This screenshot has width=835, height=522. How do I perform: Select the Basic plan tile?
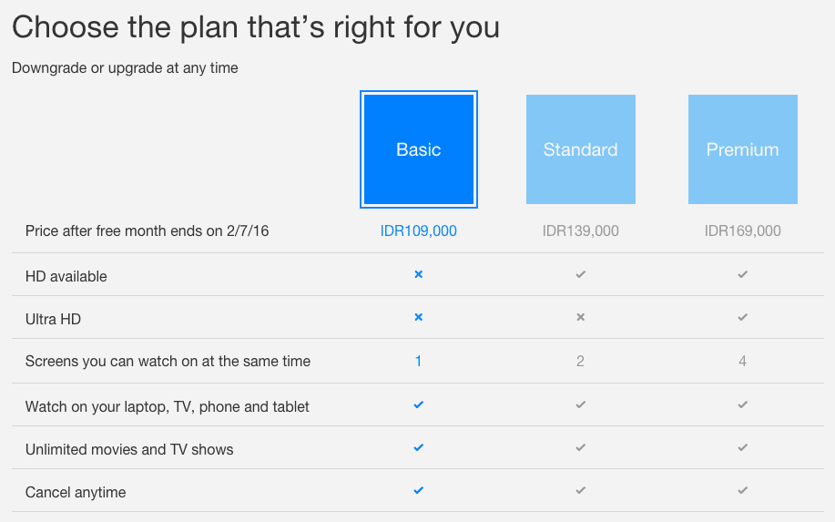click(x=419, y=149)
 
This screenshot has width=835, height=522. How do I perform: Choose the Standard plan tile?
click(x=580, y=149)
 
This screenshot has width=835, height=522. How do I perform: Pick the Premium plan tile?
click(x=743, y=149)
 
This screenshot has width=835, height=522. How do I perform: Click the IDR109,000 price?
click(x=419, y=230)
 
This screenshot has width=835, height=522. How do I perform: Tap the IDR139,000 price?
click(x=580, y=230)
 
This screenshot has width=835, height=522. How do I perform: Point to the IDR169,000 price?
click(x=743, y=230)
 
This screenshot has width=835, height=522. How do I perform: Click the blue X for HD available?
click(x=419, y=274)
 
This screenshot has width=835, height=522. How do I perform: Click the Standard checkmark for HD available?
click(x=580, y=274)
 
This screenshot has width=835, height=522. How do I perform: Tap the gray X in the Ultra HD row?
click(x=580, y=317)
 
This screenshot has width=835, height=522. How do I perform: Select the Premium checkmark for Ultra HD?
click(x=743, y=317)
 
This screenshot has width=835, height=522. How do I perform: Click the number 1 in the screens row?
click(x=419, y=361)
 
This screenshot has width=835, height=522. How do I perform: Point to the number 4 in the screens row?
click(x=742, y=361)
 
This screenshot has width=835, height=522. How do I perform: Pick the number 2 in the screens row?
click(x=580, y=361)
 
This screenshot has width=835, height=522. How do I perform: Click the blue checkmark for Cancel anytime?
click(x=419, y=490)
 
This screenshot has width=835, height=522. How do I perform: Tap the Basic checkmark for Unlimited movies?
click(x=419, y=447)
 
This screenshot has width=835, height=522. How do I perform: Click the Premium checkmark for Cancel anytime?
click(x=743, y=490)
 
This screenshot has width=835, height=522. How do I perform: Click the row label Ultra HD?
click(x=53, y=319)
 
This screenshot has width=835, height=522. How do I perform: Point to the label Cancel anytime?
click(x=76, y=492)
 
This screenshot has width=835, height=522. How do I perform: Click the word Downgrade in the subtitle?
click(x=49, y=68)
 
